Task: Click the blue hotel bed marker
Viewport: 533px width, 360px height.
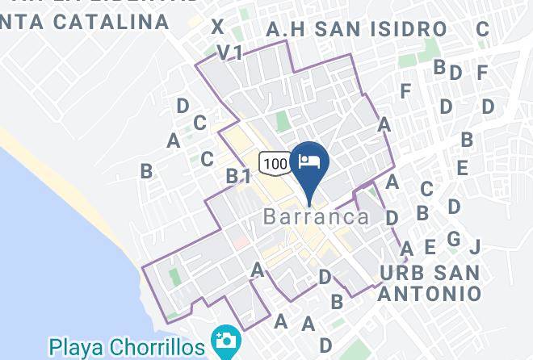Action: pos(310,161)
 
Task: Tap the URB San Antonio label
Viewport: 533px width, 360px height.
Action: pos(430,283)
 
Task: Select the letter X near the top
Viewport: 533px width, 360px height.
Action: pos(217,27)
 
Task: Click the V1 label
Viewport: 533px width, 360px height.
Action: pos(230,52)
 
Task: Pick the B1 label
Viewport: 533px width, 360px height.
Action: pos(238,175)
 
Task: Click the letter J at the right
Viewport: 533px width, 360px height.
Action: pos(475,246)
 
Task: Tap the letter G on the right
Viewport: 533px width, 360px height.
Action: pos(454,239)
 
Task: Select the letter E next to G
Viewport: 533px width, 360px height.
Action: pos(430,247)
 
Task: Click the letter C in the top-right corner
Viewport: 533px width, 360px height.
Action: pos(482,30)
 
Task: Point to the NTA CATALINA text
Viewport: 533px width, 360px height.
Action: pos(85,22)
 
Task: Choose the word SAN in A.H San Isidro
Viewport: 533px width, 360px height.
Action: pos(338,30)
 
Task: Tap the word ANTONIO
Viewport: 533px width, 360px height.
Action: pos(430,293)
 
